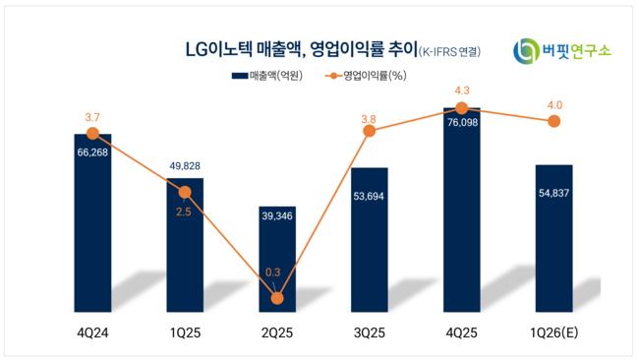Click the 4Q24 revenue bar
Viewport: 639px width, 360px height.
click(92, 223)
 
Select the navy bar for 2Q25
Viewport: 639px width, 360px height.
click(277, 260)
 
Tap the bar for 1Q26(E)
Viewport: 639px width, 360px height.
click(553, 238)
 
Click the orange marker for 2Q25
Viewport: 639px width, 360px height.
click(277, 298)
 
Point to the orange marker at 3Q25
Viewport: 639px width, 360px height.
click(370, 131)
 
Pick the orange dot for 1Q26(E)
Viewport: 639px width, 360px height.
click(553, 121)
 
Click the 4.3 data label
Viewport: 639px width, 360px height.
click(462, 90)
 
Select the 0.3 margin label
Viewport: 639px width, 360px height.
click(272, 272)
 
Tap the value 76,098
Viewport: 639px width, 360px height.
click(462, 122)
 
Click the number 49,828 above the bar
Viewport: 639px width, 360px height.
click(185, 166)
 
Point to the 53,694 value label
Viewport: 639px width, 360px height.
click(369, 196)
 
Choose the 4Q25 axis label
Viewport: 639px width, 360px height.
click(461, 333)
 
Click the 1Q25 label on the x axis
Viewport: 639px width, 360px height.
click(185, 333)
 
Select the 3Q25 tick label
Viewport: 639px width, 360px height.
click(370, 333)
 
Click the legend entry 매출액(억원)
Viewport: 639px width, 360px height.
click(267, 76)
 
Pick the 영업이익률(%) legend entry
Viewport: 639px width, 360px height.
click(366, 76)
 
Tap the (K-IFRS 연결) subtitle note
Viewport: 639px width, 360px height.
click(449, 52)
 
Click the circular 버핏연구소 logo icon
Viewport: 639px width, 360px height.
click(526, 51)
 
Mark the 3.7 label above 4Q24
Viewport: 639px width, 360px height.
click(92, 117)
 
